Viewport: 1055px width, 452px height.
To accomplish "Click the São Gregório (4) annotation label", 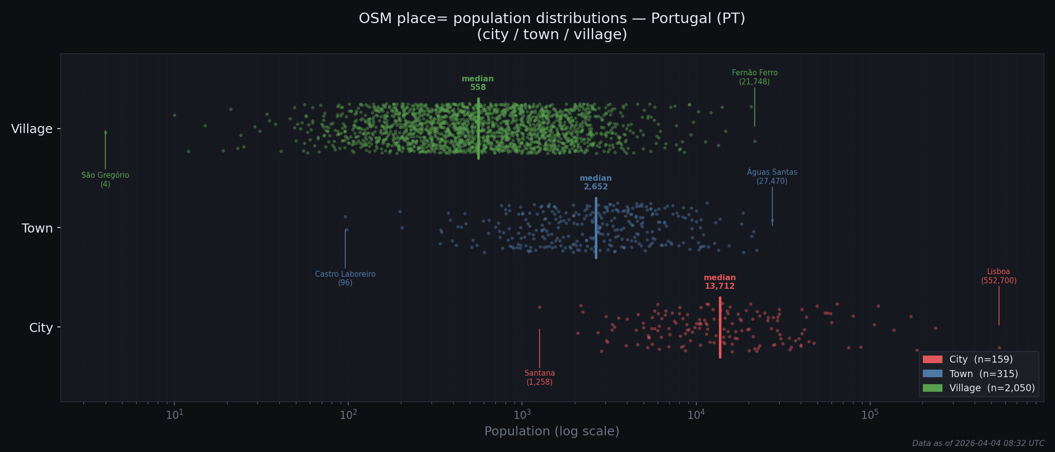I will (105, 180).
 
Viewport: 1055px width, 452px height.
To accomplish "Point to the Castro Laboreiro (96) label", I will (345, 279).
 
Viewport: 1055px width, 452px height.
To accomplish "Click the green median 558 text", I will (478, 83).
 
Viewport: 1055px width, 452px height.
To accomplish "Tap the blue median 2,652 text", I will (596, 183).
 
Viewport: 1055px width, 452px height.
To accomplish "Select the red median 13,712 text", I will (719, 282).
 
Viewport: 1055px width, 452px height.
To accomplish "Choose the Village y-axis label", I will (32, 129).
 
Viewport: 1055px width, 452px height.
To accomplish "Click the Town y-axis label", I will (37, 229).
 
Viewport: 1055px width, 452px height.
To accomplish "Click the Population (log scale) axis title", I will (552, 431).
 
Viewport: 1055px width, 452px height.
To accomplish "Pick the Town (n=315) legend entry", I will (983, 374).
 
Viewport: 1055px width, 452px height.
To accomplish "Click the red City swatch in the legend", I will (932, 360).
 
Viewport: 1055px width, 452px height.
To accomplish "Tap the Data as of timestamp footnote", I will (978, 443).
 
